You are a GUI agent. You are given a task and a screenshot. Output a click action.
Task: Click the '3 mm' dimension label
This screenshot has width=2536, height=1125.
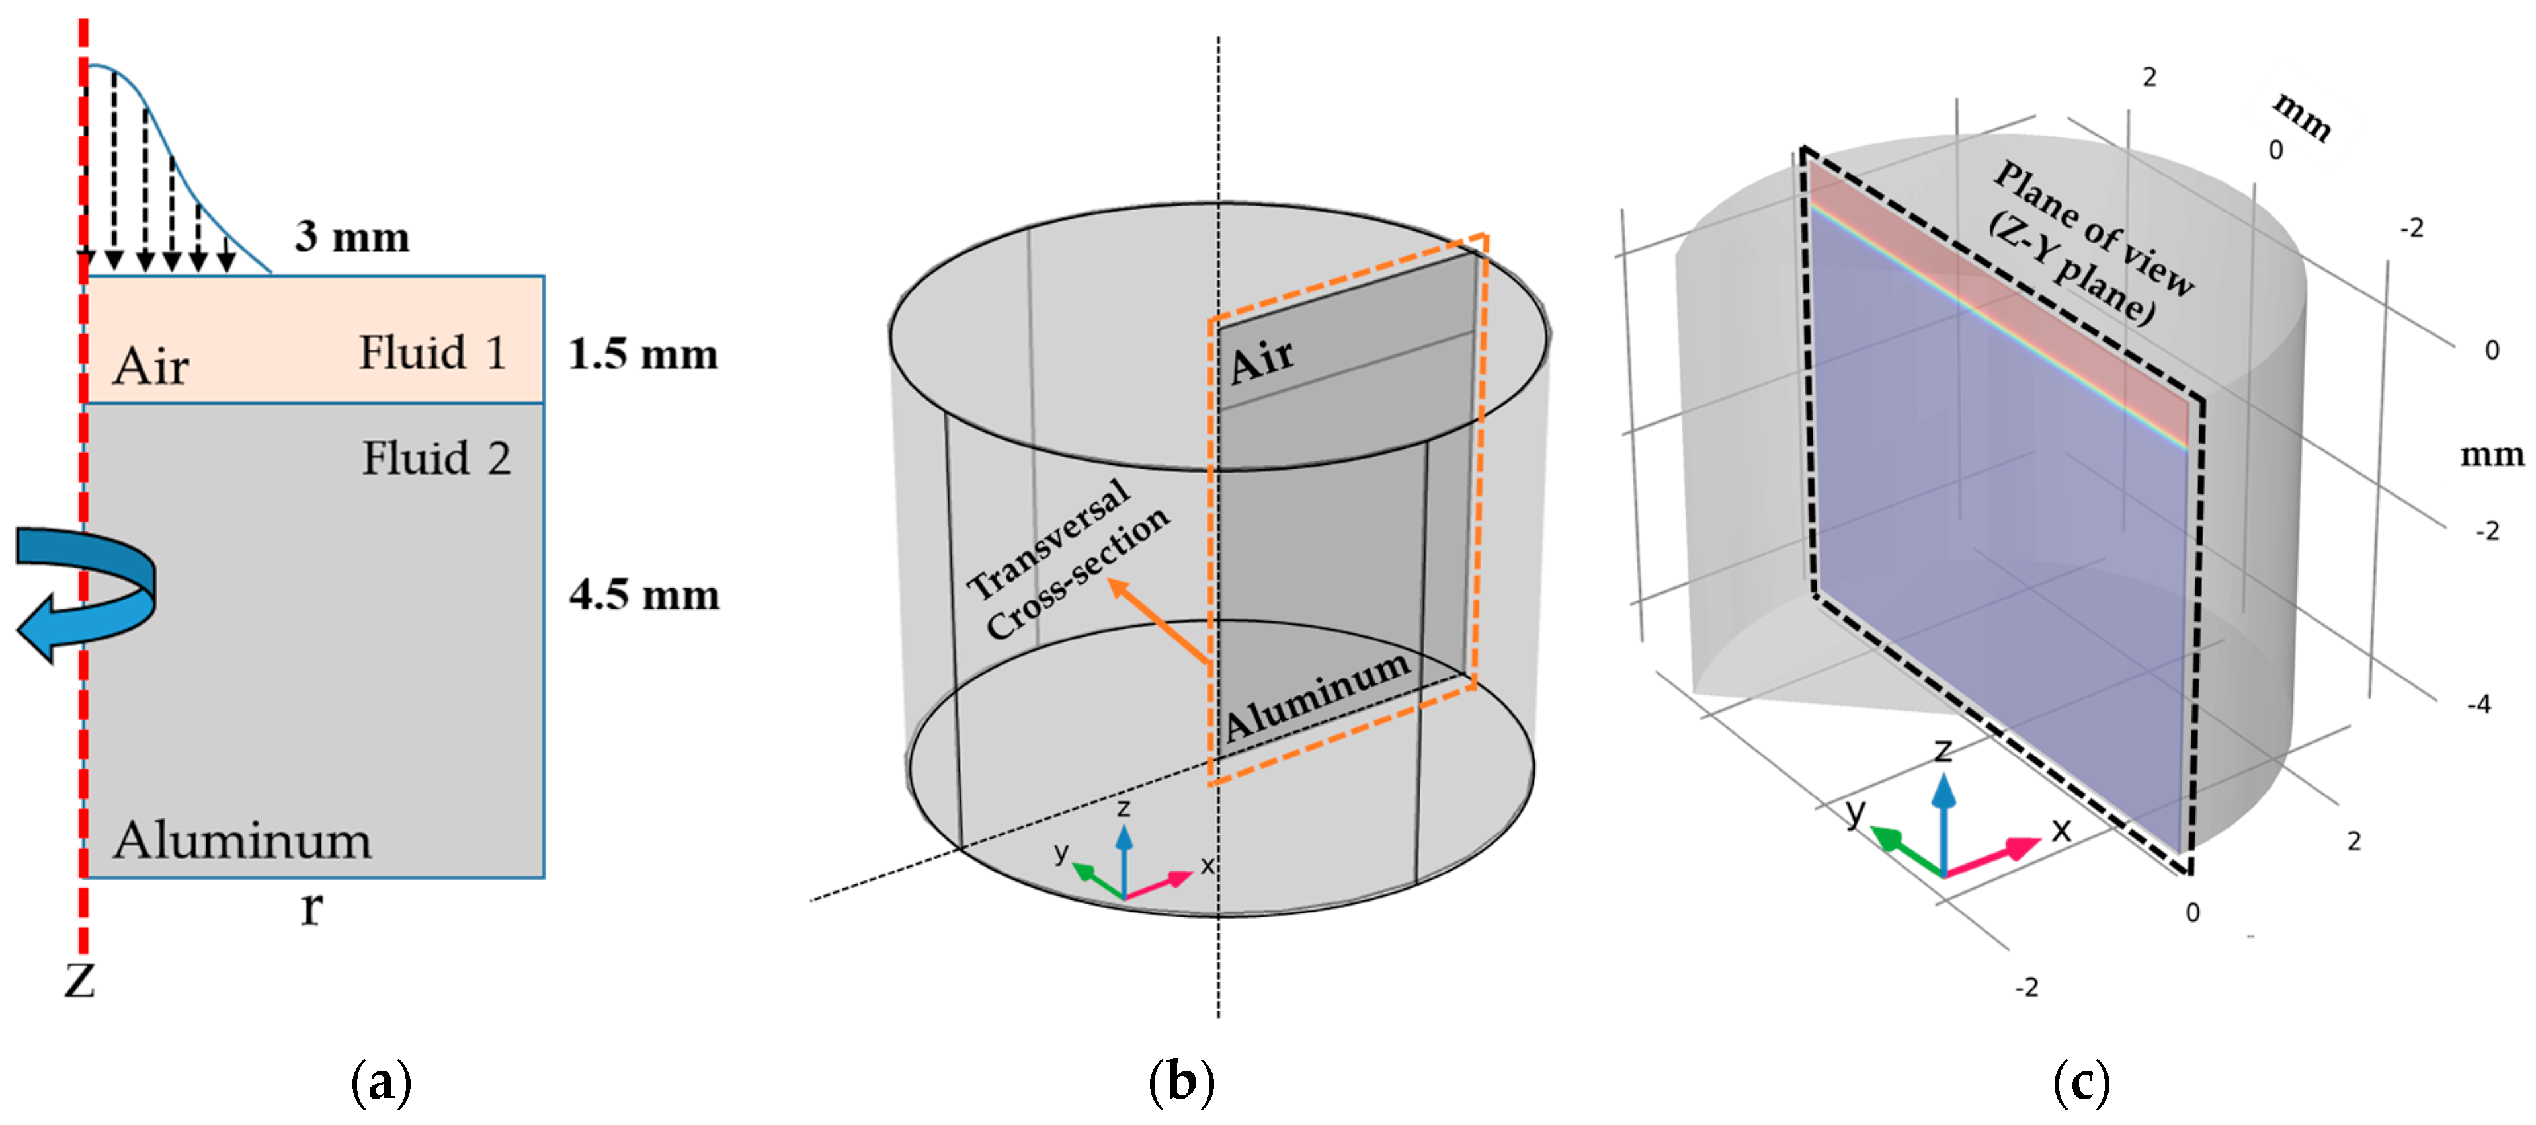[x=351, y=237]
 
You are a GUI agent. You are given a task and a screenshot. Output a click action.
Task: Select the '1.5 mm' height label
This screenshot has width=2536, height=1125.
[x=643, y=354]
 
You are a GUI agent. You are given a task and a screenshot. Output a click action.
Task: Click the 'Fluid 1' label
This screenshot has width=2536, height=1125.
[x=432, y=352]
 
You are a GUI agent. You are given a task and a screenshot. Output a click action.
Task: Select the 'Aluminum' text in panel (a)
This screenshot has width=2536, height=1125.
[x=242, y=841]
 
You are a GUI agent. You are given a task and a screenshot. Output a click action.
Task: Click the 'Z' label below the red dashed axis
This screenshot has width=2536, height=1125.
[x=80, y=980]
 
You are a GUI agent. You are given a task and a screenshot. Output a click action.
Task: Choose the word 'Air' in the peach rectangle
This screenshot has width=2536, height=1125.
[x=151, y=366]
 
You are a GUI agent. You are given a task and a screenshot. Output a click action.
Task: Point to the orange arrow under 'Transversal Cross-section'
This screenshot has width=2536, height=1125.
[x=1158, y=620]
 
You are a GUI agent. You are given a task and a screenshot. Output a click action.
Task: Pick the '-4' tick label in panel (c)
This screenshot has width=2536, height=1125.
[x=2478, y=704]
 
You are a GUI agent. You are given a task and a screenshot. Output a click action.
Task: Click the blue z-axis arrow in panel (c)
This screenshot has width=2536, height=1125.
[x=1942, y=817]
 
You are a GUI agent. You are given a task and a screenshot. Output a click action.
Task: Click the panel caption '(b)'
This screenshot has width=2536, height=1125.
[x=1181, y=1083]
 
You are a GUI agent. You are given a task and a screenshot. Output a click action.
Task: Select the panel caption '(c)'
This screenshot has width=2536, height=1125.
[x=2081, y=1083]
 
